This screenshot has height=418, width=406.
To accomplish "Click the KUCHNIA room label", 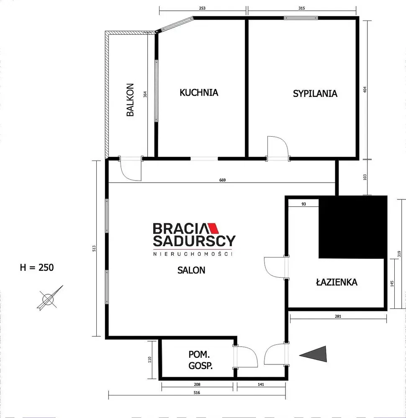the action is coord(199,92).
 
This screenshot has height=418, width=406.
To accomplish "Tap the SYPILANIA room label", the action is coord(315,94).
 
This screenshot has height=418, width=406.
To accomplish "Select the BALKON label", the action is coord(130,100).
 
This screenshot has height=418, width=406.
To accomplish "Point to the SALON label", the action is coord(191,270).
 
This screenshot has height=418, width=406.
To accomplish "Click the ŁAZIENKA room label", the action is coord(337,282).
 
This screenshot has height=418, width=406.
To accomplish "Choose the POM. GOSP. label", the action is coord(200,360).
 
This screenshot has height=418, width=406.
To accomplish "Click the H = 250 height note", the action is coord(37,268).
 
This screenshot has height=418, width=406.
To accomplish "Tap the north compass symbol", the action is coord(49,298).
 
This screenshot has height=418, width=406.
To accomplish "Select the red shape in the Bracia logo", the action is coord(213,228).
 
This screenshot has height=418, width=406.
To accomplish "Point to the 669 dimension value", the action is coord(222,180).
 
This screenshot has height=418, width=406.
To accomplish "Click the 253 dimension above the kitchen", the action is coord(202,8).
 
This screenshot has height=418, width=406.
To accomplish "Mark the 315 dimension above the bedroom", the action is coord(302,8).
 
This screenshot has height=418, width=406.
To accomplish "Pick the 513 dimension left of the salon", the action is coord(94,249).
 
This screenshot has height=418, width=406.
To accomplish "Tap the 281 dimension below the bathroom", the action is coord(338,316).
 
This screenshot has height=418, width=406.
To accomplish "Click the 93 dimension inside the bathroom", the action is coord(303,204).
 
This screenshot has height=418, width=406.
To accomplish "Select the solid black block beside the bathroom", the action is coord(352,227).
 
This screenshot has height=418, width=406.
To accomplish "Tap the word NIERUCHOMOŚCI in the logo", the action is coord(193,254).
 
